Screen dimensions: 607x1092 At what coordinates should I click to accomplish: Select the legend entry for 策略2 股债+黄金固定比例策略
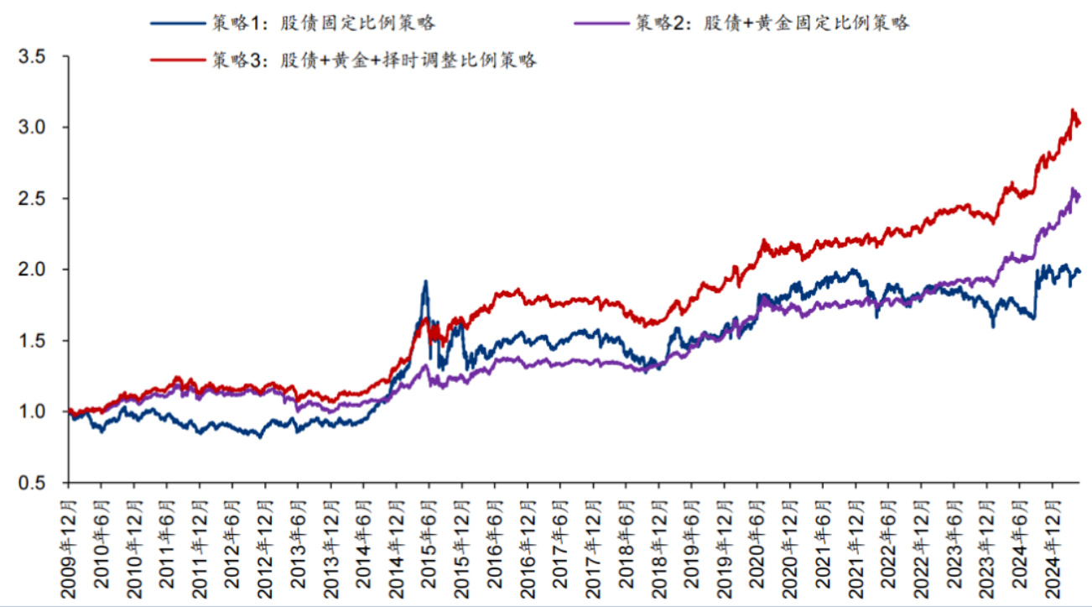772,23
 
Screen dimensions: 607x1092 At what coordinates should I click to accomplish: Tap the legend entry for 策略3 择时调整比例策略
373,60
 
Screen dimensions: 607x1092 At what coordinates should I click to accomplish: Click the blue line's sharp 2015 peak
426,281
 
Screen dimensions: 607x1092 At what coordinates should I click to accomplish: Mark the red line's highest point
1073,110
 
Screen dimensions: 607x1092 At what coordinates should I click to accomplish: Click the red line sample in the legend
175,60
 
